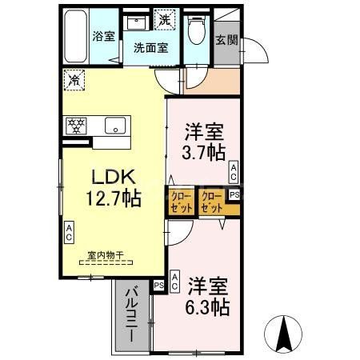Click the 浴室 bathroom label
point(104,36)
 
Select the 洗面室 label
point(150,47)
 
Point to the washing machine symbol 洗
point(164,18)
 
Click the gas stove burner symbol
point(78,125)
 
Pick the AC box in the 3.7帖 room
point(234,170)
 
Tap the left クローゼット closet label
point(180,201)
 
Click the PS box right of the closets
point(234,194)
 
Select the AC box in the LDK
point(69,232)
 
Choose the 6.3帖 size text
point(210,306)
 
